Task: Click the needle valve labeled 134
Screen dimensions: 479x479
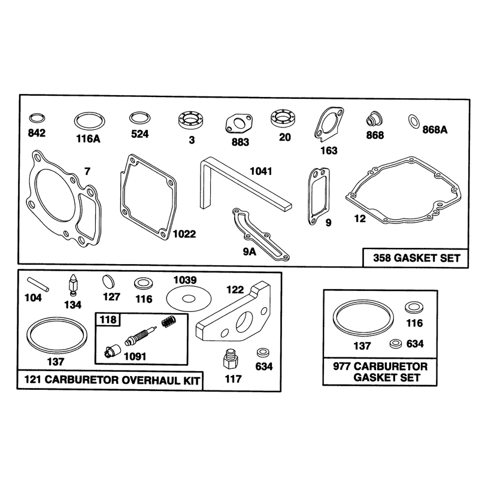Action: click(73, 285)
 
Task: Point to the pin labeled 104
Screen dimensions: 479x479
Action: click(38, 284)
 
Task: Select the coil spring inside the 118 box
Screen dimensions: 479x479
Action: click(168, 322)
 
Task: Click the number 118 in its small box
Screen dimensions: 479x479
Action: click(108, 320)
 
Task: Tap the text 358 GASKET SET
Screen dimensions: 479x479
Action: click(416, 258)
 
